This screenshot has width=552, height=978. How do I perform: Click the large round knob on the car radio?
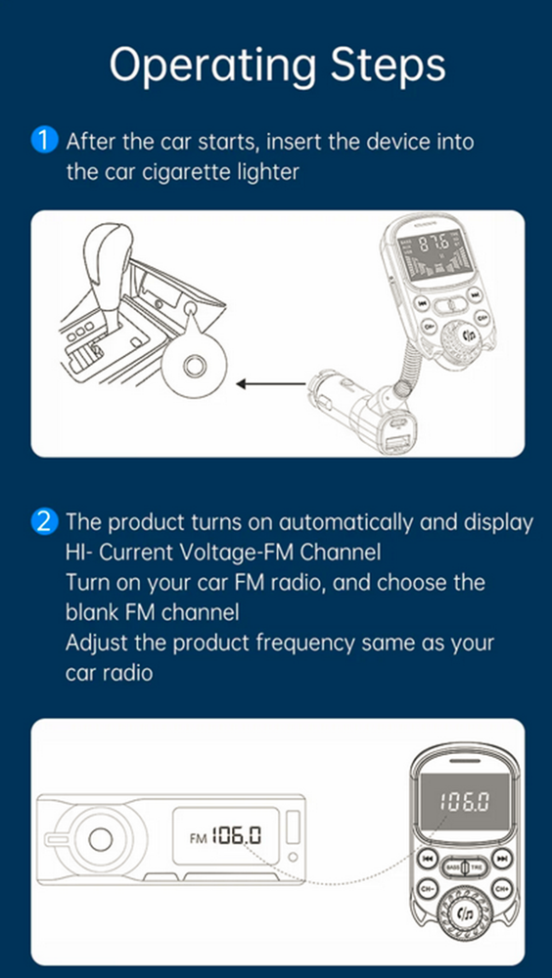pyautogui.click(x=98, y=837)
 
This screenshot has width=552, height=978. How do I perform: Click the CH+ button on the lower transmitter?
pyautogui.click(x=501, y=888)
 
